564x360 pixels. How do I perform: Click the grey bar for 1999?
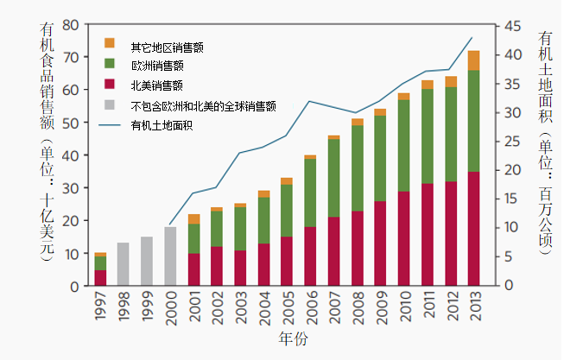pyautogui.click(x=147, y=261)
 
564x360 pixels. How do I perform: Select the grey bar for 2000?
pyautogui.click(x=170, y=256)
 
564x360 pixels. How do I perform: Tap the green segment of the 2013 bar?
pyautogui.click(x=473, y=121)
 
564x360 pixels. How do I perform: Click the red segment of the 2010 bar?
pyautogui.click(x=403, y=237)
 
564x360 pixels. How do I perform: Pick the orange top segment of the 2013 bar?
pyautogui.click(x=473, y=60)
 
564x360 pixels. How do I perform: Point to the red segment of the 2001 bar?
pyautogui.click(x=193, y=268)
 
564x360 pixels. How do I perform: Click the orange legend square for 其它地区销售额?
pyautogui.click(x=109, y=43)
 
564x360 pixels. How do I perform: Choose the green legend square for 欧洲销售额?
pyautogui.click(x=109, y=64)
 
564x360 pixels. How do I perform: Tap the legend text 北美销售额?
pyautogui.click(x=156, y=85)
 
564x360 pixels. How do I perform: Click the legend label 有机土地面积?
pyautogui.click(x=162, y=126)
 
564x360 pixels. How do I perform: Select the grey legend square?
pyautogui.click(x=109, y=105)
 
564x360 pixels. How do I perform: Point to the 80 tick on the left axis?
pyautogui.click(x=72, y=24)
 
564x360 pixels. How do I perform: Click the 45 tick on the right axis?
pyautogui.click(x=513, y=25)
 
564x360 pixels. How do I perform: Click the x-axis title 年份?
pyautogui.click(x=293, y=338)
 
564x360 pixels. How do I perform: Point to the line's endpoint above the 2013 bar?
pyautogui.click(x=472, y=37)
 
